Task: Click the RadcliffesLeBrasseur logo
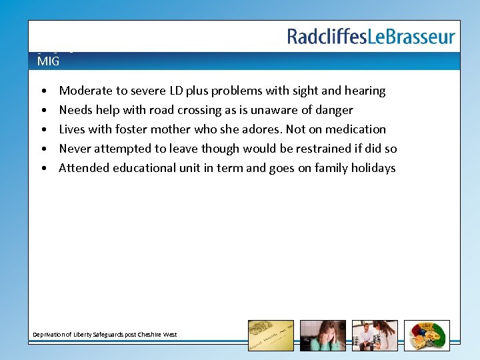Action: (371, 37)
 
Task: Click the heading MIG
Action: (48, 61)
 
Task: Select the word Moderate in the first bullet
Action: (84, 91)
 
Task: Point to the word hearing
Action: (365, 91)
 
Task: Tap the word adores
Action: (263, 129)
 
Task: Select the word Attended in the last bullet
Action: (83, 168)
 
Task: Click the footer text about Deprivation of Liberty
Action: (105, 334)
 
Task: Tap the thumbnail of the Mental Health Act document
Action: (270, 335)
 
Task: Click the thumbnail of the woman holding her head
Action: (323, 335)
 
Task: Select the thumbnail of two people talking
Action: (375, 335)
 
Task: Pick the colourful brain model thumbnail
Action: (427, 335)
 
